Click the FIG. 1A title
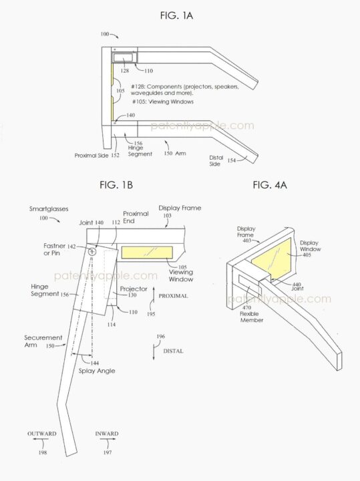point(176,15)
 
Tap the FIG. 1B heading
point(116,184)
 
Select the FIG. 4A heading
point(270,184)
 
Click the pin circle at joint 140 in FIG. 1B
point(92,252)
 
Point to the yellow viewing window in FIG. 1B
point(147,252)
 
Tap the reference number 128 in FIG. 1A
point(125,71)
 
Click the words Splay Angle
point(97,371)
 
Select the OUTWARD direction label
point(41,434)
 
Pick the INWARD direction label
point(107,434)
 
